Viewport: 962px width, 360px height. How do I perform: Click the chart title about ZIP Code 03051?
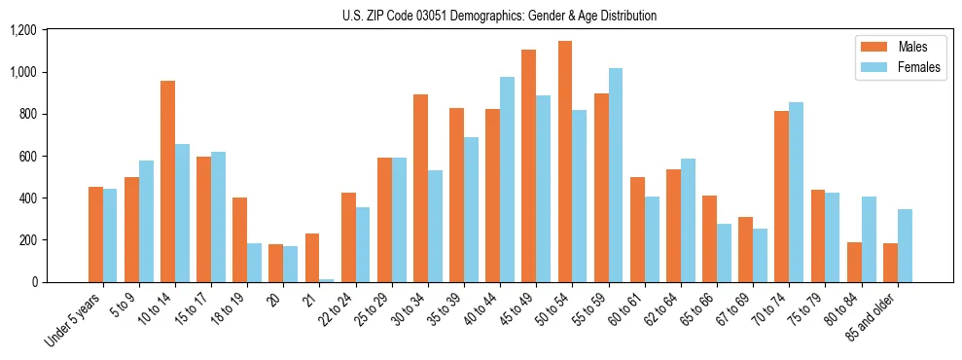click(x=499, y=16)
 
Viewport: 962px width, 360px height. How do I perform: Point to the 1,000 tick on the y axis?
click(x=22, y=72)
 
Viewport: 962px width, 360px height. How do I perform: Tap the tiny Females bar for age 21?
click(x=327, y=280)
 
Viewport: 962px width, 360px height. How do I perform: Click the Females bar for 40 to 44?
click(x=507, y=179)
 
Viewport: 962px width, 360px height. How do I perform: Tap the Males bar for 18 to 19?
click(x=239, y=239)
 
